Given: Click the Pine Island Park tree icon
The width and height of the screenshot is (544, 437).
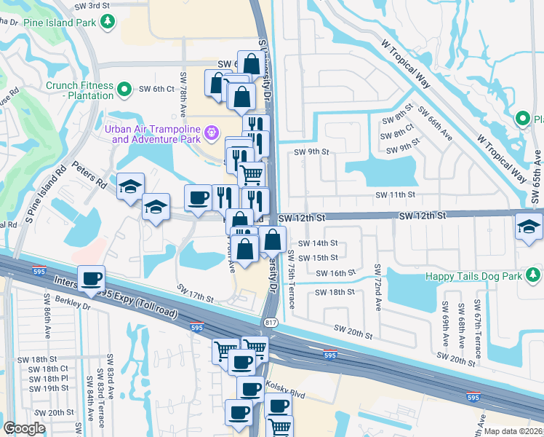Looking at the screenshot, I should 108,22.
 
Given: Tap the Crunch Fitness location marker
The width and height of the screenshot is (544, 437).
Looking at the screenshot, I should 124,90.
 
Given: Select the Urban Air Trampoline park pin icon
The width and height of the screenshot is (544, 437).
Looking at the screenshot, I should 212,133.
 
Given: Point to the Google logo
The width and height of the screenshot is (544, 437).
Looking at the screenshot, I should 25,428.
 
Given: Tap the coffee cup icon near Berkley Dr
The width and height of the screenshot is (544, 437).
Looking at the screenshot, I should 92,278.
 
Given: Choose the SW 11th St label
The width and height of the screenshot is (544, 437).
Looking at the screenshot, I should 395,195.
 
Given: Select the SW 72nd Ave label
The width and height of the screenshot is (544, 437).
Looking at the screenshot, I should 377,285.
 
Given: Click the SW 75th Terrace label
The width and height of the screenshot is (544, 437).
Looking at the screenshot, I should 290,278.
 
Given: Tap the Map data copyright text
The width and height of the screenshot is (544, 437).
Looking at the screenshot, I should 512,431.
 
